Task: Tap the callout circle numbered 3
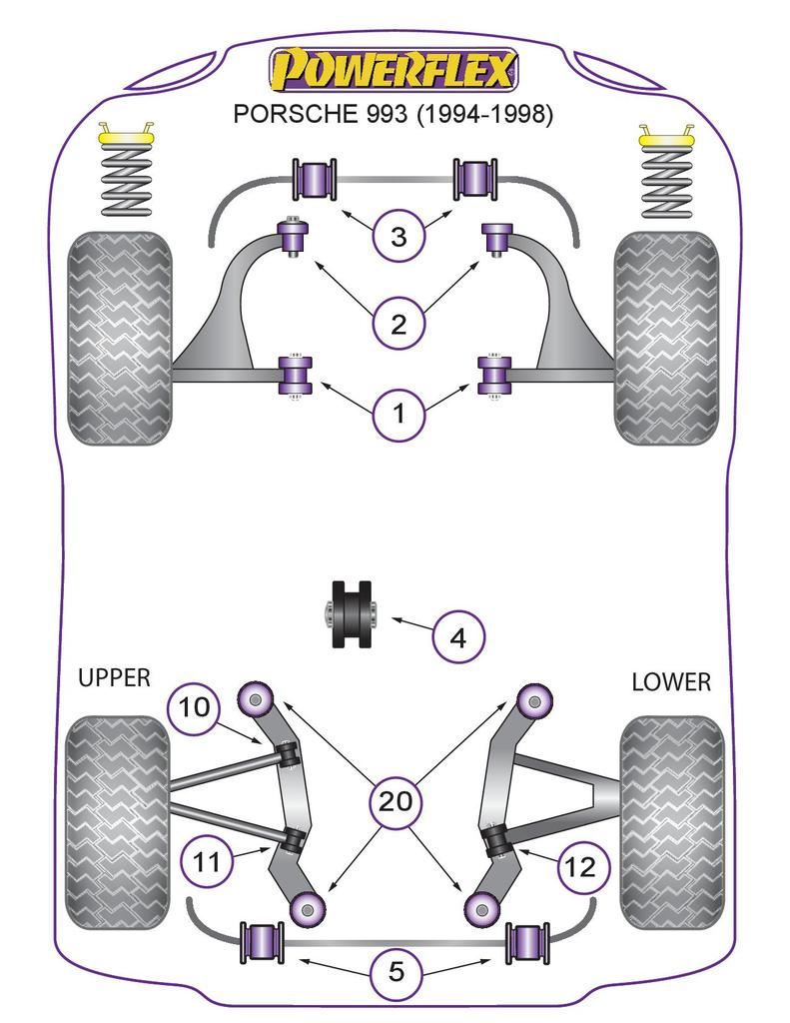tap(398, 237)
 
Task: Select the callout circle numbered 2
tap(398, 324)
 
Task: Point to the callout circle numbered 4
tap(457, 636)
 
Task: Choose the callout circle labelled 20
tap(396, 800)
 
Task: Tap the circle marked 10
tap(194, 708)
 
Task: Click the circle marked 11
tap(207, 860)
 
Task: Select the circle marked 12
tap(580, 866)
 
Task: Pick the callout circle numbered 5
tap(396, 972)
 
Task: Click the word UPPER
tap(114, 678)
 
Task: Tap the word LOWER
tap(671, 682)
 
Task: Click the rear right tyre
tap(671, 821)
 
